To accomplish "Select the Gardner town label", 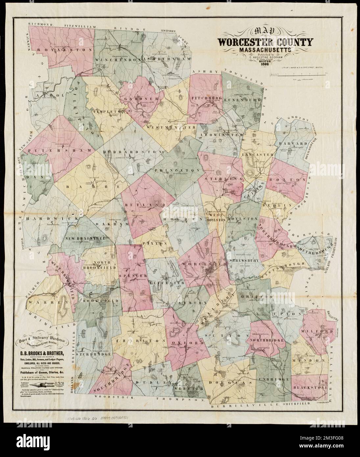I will tap(137, 99).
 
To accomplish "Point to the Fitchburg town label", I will tap(205, 98).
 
